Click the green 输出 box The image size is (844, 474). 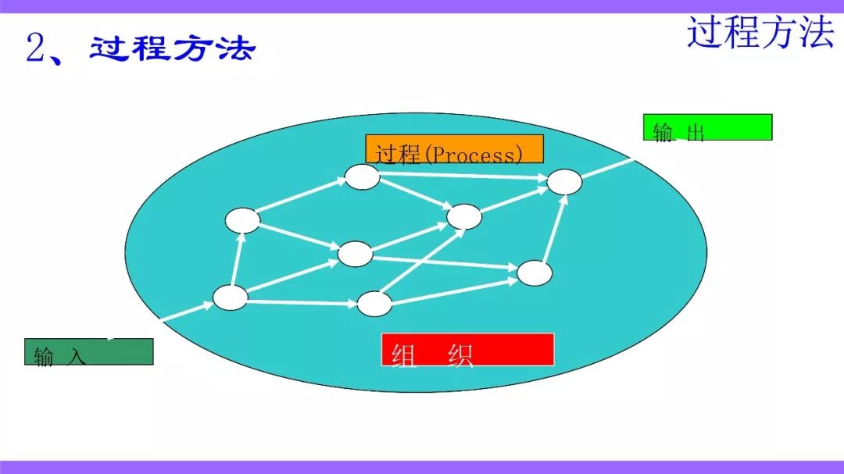707,127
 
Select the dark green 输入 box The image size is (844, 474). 89,352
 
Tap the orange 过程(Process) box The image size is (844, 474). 454,149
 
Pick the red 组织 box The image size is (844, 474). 468,350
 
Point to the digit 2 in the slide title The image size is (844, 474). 37,48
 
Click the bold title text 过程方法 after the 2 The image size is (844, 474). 172,48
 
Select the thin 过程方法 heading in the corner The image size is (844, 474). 760,32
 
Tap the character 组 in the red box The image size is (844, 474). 404,355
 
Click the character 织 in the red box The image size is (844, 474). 461,355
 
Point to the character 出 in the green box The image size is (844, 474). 696,132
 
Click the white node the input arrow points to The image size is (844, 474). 231,298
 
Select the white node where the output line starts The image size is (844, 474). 564,181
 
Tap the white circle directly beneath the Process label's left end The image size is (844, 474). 363,177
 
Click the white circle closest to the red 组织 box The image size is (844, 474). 374,304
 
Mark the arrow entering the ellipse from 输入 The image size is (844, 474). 188,312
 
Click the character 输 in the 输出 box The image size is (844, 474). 663,132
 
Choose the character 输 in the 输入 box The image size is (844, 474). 44,357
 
